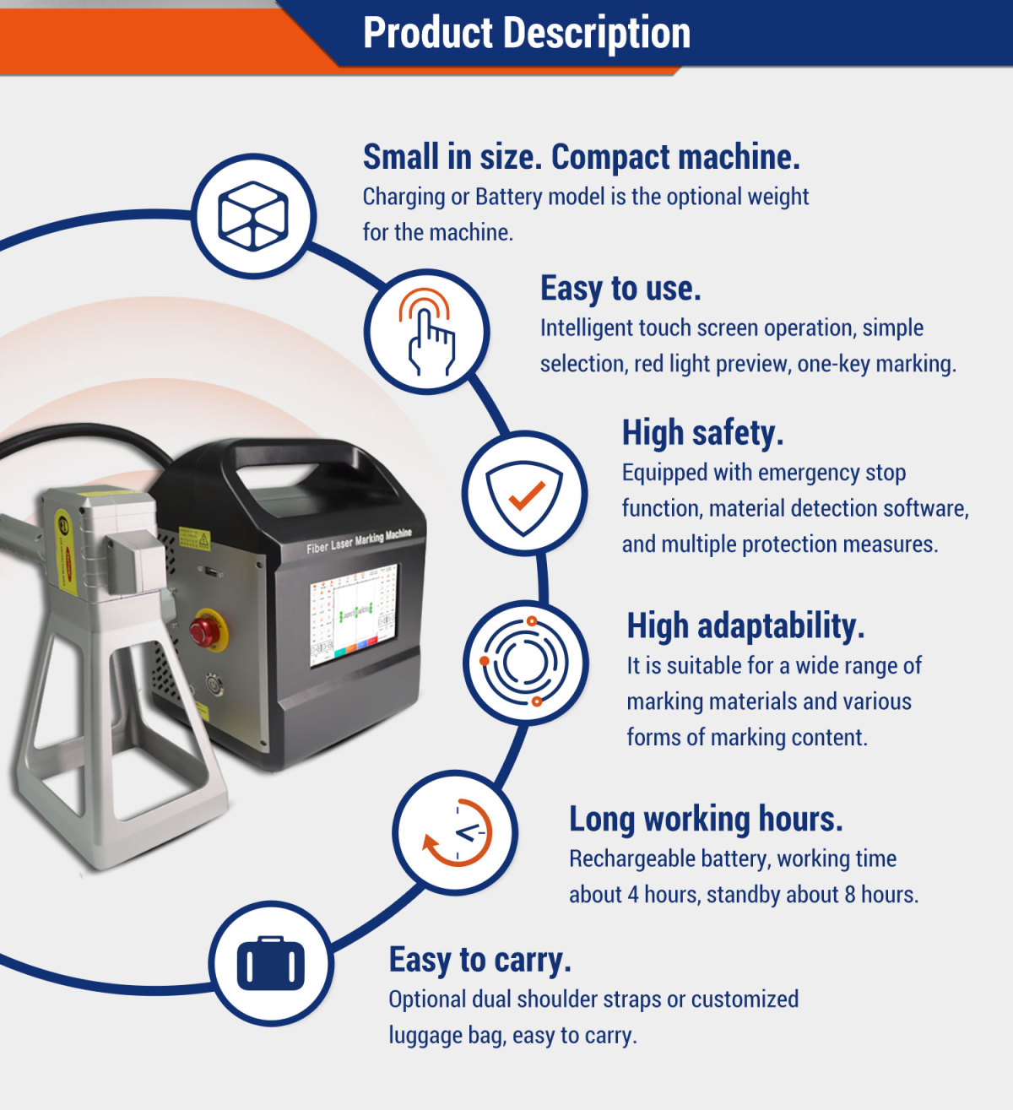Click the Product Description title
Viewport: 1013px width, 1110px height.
click(526, 34)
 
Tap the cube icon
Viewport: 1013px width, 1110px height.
click(253, 216)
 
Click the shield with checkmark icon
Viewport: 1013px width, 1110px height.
click(524, 495)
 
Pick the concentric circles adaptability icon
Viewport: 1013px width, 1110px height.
click(525, 662)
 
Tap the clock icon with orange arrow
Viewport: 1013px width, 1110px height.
click(456, 832)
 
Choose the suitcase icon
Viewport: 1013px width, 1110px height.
click(270, 963)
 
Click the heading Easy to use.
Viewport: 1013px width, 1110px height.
click(620, 289)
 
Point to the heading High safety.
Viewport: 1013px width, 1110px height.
click(702, 433)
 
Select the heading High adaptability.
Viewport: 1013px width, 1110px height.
click(745, 626)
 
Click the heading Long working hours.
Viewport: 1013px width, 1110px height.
click(706, 820)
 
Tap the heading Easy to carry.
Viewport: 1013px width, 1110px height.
click(479, 961)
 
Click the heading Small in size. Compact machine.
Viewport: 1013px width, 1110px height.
click(581, 158)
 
